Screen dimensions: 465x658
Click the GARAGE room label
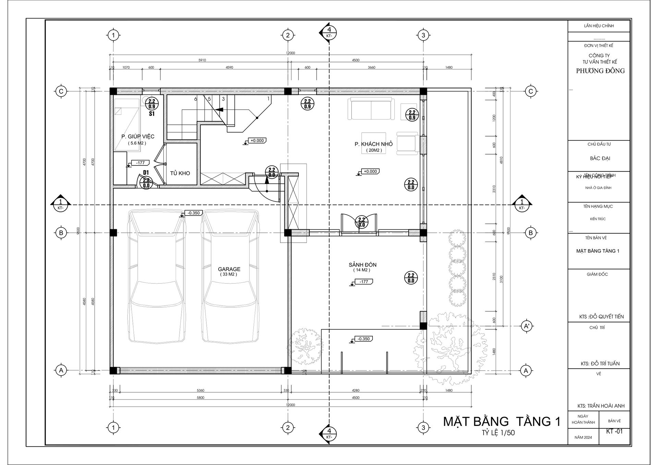coord(229,269)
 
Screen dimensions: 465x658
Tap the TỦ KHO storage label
coord(180,173)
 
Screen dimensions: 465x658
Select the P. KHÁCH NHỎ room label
coord(374,144)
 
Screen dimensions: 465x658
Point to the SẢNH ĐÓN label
coord(363,265)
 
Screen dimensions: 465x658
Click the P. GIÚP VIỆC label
coord(138,137)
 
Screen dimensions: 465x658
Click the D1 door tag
coord(146,172)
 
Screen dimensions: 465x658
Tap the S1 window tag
coord(152,114)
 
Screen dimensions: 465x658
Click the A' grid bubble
coord(526,326)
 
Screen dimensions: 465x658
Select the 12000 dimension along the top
coord(290,53)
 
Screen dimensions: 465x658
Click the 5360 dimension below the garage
coord(200,390)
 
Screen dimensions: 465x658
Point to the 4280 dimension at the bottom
coord(356,390)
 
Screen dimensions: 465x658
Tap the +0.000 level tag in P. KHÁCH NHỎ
coord(370,171)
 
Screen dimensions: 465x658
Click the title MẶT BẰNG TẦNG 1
coord(502,421)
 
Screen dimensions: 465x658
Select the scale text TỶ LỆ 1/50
coord(498,433)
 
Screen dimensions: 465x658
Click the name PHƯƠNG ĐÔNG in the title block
coord(600,71)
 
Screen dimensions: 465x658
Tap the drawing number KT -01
coord(614,431)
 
